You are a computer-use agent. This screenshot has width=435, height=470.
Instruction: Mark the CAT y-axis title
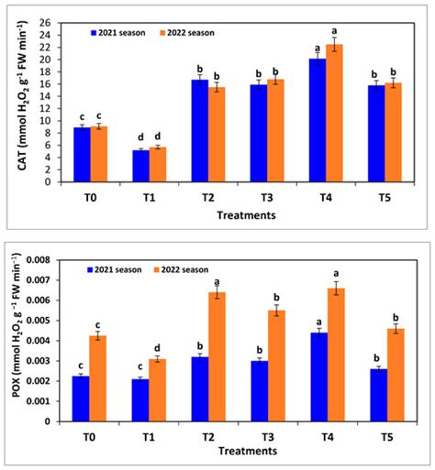(18, 101)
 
